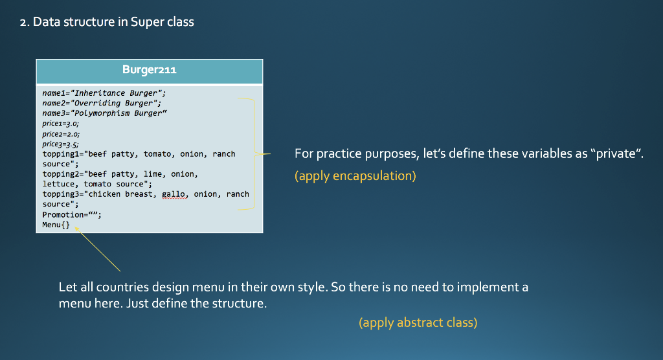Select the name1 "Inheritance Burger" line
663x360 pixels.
pyautogui.click(x=104, y=93)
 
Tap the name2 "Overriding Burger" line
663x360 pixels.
pyautogui.click(x=102, y=103)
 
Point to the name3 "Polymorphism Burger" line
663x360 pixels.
pyautogui.click(x=104, y=113)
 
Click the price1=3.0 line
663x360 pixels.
pyautogui.click(x=60, y=124)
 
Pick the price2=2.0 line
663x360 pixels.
pyautogui.click(x=61, y=134)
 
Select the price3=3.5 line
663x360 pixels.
pyautogui.click(x=60, y=144)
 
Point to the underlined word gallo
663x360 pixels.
pyautogui.click(x=175, y=194)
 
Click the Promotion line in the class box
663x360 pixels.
pyautogui.click(x=72, y=214)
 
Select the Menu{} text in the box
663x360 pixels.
pyautogui.click(x=56, y=225)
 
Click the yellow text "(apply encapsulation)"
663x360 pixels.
pyautogui.click(x=355, y=176)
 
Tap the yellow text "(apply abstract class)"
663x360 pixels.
pyautogui.click(x=418, y=323)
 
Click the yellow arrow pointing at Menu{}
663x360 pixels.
pyautogui.click(x=98, y=249)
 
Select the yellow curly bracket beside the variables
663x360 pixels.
pyautogui.click(x=254, y=153)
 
